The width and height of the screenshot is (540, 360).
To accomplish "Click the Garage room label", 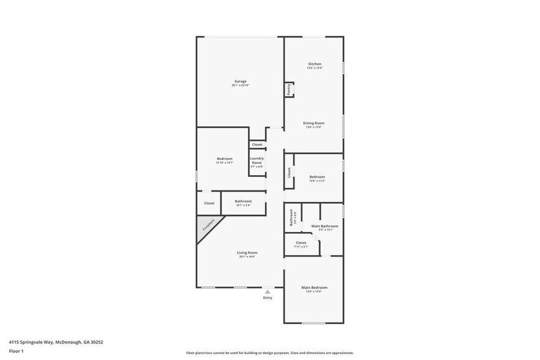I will click(240, 81).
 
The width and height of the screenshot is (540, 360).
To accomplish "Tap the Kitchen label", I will click(314, 64).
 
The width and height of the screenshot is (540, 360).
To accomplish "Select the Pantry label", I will click(289, 89).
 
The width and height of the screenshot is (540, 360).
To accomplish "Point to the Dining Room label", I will click(313, 123).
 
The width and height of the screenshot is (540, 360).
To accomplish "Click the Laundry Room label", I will click(257, 160).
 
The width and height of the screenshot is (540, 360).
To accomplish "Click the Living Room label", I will click(247, 253).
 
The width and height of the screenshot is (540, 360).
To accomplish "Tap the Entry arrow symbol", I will click(268, 292).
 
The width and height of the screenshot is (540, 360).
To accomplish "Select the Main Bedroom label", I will click(314, 288).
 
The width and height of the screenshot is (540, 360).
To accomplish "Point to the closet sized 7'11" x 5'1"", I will click(301, 243).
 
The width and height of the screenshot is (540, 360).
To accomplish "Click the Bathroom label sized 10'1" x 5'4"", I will click(243, 201).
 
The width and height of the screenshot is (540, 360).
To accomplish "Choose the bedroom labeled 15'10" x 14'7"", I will click(224, 159).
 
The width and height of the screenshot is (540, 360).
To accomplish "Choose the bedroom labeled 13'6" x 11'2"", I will click(317, 178).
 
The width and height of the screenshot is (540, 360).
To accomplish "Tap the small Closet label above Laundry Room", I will click(257, 145).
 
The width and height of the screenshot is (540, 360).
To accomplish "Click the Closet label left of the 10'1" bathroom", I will click(209, 203).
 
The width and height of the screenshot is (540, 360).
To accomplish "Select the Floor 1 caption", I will click(16, 351).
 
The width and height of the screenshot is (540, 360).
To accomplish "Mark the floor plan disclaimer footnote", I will click(269, 353).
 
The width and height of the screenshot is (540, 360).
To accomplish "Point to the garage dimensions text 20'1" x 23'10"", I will click(240, 85).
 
